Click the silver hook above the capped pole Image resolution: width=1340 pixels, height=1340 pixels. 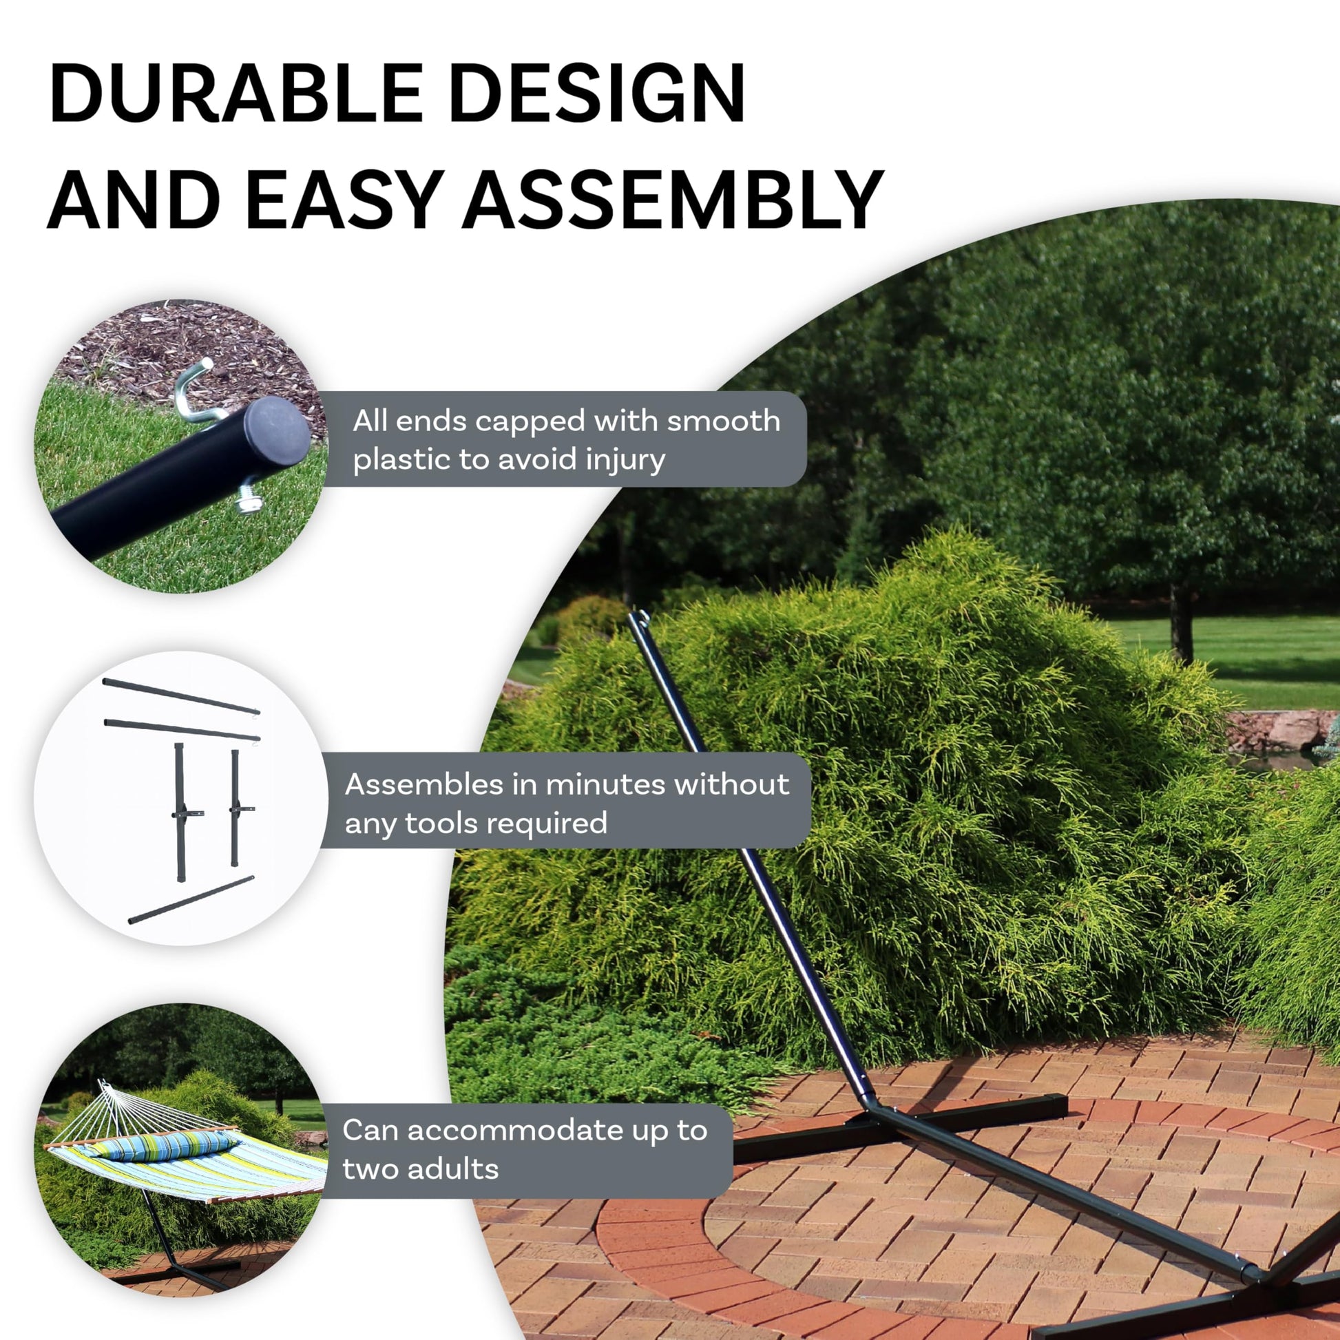pos(197,392)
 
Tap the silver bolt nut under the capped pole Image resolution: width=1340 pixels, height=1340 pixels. pos(249,497)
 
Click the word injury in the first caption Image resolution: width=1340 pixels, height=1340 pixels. pos(626,461)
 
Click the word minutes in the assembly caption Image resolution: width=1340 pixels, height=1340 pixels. pos(589,784)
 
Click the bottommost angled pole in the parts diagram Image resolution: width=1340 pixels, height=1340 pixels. pos(191,899)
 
